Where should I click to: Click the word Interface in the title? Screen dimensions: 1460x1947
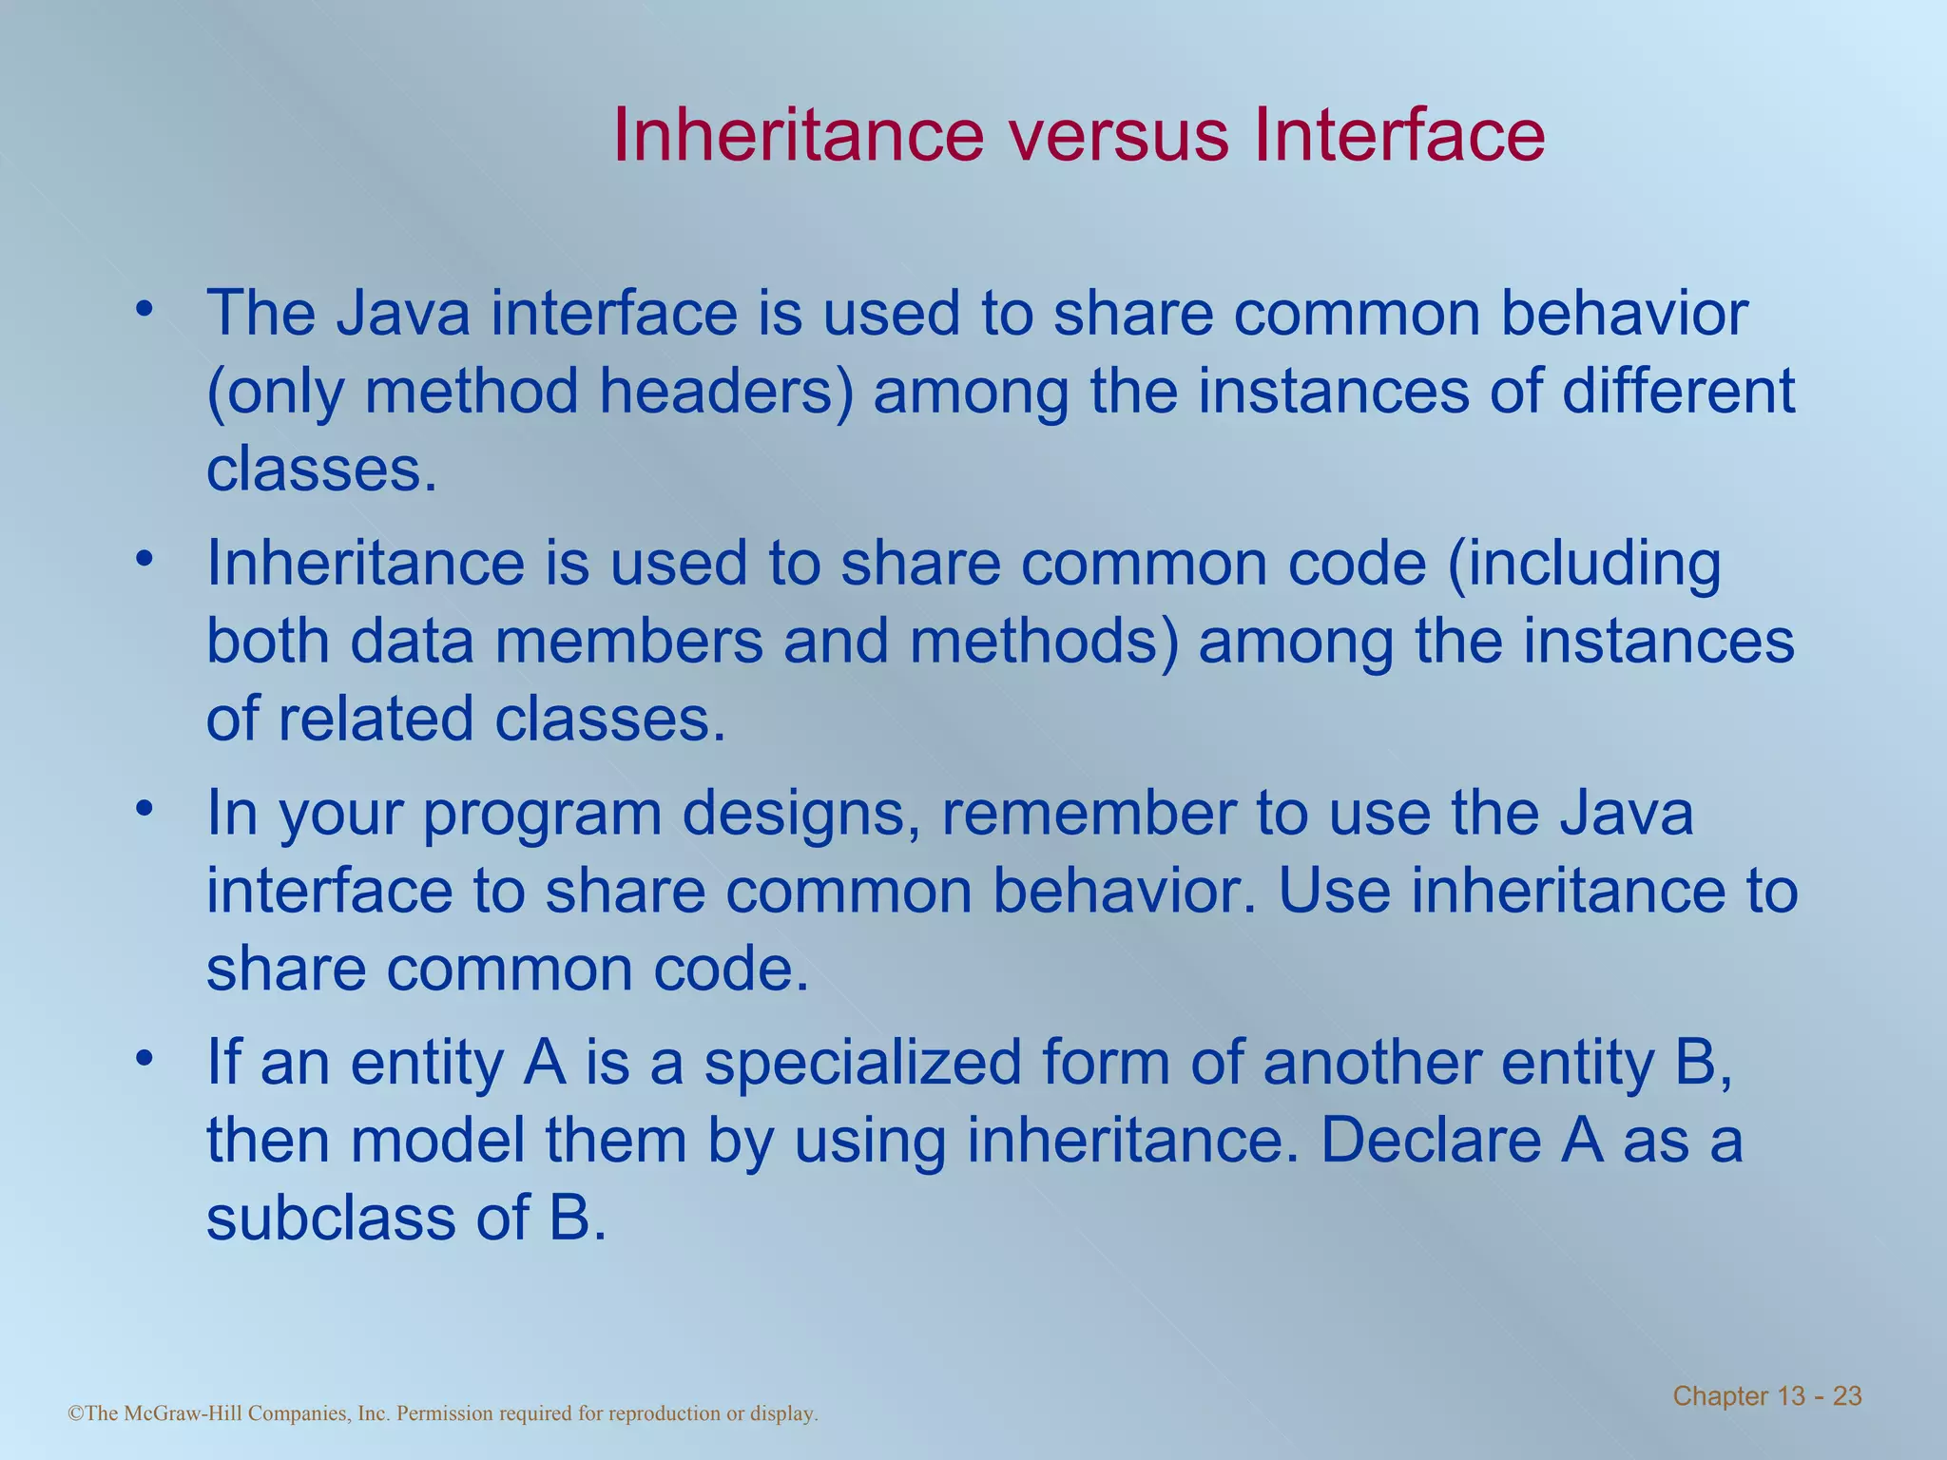[x=1398, y=135]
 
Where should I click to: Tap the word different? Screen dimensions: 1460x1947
[x=1678, y=392]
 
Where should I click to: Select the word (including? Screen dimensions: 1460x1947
[x=1584, y=564]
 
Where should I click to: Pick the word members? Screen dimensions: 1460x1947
[x=629, y=642]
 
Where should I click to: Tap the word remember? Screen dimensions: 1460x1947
[x=1089, y=814]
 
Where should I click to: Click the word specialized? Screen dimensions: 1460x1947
[x=862, y=1064]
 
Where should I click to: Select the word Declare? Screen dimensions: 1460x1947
[x=1429, y=1141]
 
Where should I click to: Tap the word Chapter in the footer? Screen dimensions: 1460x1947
[x=1719, y=1396]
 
